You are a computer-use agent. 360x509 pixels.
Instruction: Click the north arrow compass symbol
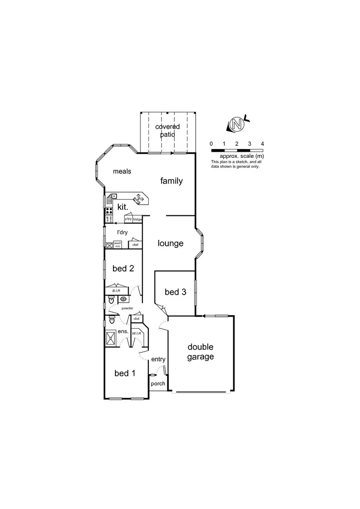(237, 124)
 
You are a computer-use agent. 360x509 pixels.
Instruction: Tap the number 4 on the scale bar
(262, 143)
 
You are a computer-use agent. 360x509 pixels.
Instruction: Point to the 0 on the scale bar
(211, 143)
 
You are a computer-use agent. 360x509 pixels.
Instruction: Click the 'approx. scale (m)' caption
(241, 156)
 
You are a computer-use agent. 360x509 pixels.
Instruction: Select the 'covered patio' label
(167, 131)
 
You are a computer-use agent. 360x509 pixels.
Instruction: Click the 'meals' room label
(122, 171)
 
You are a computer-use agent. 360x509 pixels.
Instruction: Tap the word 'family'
(171, 181)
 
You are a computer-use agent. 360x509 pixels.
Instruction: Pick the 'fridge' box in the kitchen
(137, 219)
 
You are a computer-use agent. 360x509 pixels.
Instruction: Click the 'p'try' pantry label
(128, 219)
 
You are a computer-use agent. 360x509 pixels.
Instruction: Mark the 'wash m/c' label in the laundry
(117, 245)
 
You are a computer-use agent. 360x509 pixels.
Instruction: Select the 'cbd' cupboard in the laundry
(135, 245)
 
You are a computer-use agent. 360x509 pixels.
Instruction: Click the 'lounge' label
(170, 244)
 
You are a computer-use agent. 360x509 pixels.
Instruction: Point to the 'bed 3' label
(175, 292)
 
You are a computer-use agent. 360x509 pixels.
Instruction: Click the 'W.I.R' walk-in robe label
(137, 334)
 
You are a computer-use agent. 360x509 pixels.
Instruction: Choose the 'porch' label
(158, 384)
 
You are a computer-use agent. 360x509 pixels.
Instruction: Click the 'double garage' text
(200, 352)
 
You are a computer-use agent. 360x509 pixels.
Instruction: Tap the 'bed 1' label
(125, 373)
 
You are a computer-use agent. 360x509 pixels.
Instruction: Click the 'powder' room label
(127, 308)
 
